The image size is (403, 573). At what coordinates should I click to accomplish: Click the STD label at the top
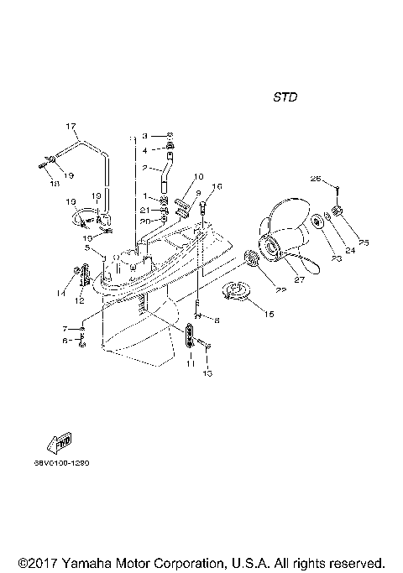point(285,96)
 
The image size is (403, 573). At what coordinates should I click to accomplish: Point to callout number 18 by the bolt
point(144,135)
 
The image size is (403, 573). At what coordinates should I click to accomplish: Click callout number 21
point(144,209)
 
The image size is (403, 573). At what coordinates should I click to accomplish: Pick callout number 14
point(61,293)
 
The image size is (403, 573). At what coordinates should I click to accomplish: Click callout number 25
point(363,242)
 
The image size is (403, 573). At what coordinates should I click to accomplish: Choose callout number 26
point(317,179)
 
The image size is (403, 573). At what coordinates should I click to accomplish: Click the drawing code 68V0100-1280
point(62,462)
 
